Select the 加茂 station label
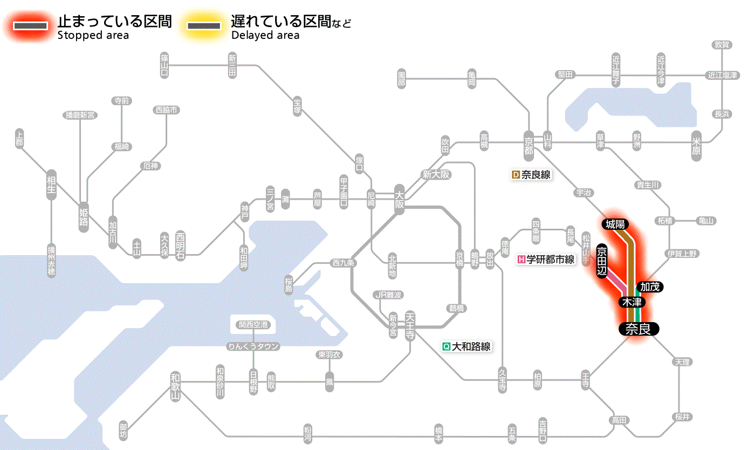(x=650, y=287)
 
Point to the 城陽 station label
(x=615, y=223)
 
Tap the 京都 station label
(x=528, y=144)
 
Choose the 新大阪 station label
(x=436, y=175)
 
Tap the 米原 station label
(x=697, y=146)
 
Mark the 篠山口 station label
(x=164, y=64)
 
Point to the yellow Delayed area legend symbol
(x=204, y=26)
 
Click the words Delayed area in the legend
(x=265, y=36)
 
